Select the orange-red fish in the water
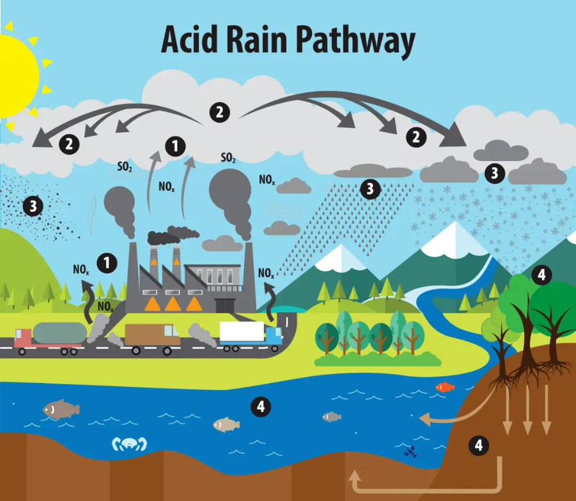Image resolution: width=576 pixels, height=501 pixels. tap(444, 387)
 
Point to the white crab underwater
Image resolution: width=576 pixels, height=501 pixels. tap(129, 443)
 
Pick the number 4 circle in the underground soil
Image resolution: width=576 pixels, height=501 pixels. tap(478, 445)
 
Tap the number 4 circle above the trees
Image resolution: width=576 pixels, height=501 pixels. tap(541, 275)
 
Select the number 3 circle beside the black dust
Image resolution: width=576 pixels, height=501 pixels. tap(32, 206)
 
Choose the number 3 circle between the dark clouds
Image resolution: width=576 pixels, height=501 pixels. tap(494, 173)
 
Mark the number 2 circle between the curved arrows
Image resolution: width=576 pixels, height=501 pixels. tap(219, 112)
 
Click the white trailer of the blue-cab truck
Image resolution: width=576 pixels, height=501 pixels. tap(241, 331)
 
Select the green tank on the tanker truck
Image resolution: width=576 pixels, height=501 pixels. tap(60, 332)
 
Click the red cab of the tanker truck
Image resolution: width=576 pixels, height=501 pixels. tap(22, 338)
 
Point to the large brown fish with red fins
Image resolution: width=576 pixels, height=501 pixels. tap(61, 409)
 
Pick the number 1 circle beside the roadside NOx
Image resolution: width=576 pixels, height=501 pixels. tap(107, 262)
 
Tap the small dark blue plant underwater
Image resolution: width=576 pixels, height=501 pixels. tap(409, 451)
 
